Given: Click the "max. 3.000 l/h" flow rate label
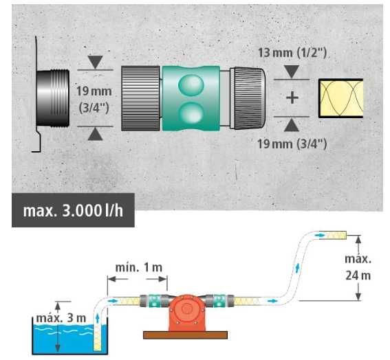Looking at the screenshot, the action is click(73, 211).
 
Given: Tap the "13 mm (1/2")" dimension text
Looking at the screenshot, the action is click(292, 53).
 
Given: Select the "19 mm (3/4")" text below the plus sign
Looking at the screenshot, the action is click(292, 144).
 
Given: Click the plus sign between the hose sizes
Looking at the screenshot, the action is click(292, 98).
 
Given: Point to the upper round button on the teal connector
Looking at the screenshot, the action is click(191, 85).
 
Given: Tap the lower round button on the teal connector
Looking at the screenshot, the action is click(191, 113).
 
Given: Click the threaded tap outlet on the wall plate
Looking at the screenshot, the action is click(53, 98).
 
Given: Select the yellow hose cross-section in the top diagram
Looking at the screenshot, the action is click(340, 98).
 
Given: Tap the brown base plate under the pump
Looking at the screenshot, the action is click(185, 335).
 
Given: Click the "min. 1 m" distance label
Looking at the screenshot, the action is click(139, 267).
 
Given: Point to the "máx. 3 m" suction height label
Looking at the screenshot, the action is click(61, 318).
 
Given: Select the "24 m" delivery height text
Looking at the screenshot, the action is click(358, 275).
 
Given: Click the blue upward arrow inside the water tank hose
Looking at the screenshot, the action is click(98, 318).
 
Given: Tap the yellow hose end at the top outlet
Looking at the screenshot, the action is click(336, 235).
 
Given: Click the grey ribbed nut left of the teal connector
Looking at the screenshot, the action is click(140, 98).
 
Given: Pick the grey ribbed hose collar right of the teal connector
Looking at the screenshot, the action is click(248, 98).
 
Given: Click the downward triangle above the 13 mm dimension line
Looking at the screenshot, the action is click(292, 71).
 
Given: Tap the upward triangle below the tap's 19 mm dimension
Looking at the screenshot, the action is click(95, 135).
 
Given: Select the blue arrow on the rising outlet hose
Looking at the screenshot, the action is click(297, 269).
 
